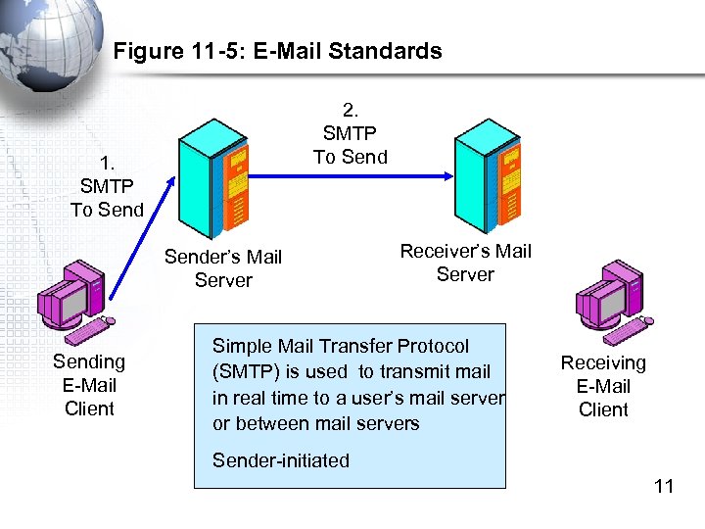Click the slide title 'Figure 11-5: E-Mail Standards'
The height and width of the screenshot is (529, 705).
278,51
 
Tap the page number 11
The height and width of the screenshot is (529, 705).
664,486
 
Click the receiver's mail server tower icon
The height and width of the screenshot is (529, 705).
487,176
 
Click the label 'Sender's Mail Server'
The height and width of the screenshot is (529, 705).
223,268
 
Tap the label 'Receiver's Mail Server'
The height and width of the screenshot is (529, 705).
465,263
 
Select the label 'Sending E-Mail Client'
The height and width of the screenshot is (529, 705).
89,385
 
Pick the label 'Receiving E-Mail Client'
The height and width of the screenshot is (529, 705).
603,386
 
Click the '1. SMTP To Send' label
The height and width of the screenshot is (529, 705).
107,186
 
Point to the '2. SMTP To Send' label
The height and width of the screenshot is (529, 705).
351,133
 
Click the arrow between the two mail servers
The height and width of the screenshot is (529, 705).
348,176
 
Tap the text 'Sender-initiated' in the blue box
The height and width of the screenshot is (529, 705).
281,460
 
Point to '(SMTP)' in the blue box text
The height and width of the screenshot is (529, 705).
245,371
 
